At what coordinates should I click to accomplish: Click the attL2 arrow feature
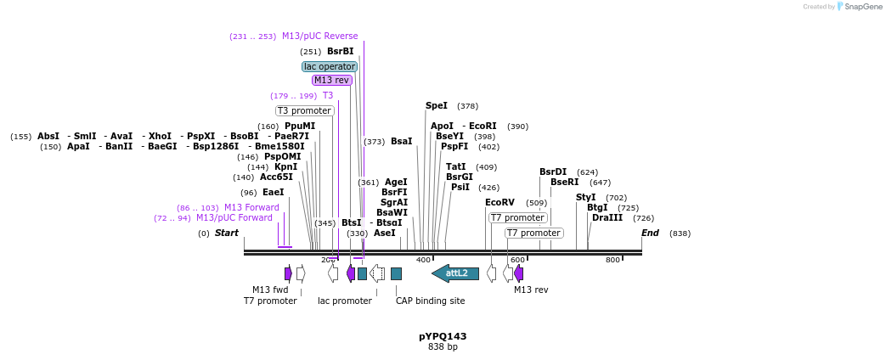455,273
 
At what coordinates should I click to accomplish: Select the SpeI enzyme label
436,106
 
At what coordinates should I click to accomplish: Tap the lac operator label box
330,66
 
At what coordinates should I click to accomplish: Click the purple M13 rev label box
331,80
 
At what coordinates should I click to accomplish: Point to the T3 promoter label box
304,110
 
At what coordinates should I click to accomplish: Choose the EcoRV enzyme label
499,202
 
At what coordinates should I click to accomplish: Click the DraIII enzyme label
607,217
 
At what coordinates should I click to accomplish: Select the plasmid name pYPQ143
443,336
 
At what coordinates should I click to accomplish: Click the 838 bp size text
443,347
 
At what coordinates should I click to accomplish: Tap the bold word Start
227,233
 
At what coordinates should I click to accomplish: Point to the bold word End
650,233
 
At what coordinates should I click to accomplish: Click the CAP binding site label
430,301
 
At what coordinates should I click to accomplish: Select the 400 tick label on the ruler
423,260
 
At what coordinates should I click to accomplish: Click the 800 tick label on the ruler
612,260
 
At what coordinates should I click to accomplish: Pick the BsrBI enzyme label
341,51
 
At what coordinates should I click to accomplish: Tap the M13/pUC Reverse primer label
319,36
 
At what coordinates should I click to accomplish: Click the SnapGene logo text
858,7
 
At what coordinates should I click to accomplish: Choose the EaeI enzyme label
273,192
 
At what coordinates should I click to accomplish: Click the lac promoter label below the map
345,301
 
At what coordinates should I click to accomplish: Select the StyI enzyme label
586,197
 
